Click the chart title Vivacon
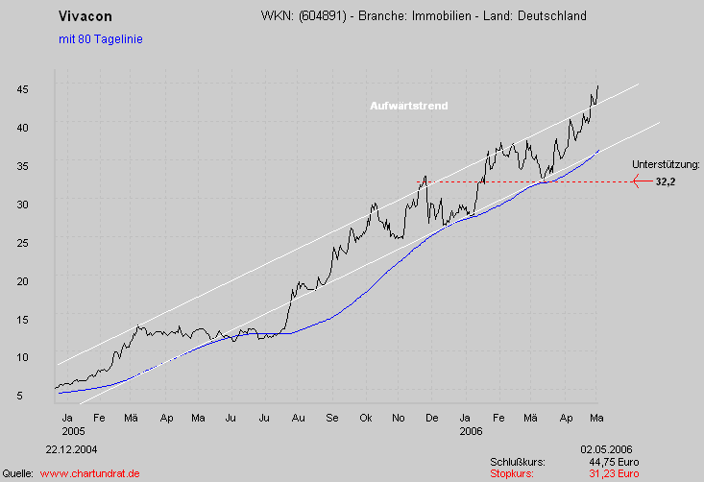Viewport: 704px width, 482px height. [85, 17]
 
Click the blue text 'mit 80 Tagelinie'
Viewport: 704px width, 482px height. [100, 39]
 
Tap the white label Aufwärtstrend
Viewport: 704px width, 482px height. [409, 106]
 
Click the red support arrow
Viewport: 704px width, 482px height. [642, 181]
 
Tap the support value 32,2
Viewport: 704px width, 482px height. [666, 181]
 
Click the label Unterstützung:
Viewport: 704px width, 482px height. [666, 165]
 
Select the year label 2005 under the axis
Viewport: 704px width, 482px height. [69, 432]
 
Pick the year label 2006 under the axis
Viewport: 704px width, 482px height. [470, 432]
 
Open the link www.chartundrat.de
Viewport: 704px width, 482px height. [90, 473]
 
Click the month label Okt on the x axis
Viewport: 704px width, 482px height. [365, 419]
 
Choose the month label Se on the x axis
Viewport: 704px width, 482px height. [331, 419]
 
